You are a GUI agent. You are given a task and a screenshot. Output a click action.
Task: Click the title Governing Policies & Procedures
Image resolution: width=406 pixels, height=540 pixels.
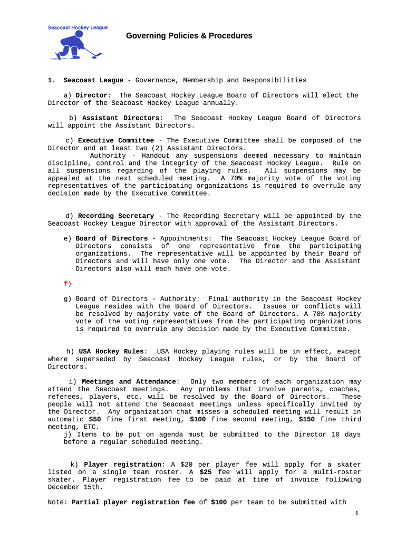pyautogui.click(x=189, y=36)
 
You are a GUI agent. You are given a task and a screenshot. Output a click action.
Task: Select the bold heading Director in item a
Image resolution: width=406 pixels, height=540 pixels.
pyautogui.click(x=92, y=95)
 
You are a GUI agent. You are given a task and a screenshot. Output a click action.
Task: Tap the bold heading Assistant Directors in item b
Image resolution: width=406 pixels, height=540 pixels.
pyautogui.click(x=129, y=118)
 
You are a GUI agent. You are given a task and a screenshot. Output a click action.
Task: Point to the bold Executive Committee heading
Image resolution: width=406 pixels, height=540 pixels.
pyautogui.click(x=116, y=141)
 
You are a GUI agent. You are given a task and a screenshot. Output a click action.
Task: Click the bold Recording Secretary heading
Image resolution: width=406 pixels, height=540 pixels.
pyautogui.click(x=116, y=216)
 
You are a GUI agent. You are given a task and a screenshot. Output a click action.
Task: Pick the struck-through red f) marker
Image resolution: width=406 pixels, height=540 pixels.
pyautogui.click(x=67, y=284)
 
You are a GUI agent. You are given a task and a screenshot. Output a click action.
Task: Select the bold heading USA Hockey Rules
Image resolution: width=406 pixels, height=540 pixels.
pyautogui.click(x=111, y=352)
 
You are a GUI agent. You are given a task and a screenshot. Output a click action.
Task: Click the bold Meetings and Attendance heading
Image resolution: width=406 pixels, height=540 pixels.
pyautogui.click(x=129, y=382)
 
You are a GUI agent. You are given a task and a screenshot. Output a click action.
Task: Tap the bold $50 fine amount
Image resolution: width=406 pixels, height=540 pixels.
pyautogui.click(x=95, y=419)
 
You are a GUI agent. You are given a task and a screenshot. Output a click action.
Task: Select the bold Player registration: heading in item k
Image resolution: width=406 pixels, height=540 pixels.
pyautogui.click(x=124, y=465)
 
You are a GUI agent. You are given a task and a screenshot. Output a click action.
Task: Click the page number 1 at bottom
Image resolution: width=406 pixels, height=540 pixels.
pyautogui.click(x=357, y=513)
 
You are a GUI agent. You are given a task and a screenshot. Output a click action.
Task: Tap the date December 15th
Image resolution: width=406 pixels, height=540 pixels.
pyautogui.click(x=73, y=487)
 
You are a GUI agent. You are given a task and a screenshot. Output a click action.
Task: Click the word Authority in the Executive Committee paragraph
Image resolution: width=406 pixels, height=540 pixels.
pyautogui.click(x=108, y=156)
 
